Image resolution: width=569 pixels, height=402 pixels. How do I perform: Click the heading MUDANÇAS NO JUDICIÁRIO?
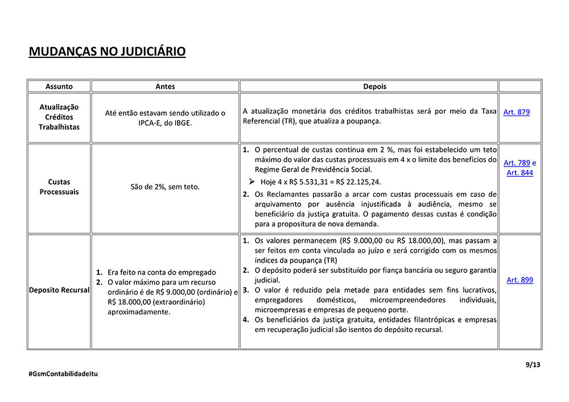point(107,52)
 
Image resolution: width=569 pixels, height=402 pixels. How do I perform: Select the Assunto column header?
point(59,86)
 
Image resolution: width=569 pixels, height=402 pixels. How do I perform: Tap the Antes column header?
point(165,86)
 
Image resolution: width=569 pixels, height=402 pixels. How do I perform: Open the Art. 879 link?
point(516,112)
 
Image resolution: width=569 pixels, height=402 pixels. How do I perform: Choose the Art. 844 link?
point(519,172)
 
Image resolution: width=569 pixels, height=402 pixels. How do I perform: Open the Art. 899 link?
point(519,280)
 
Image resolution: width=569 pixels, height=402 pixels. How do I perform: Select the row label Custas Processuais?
point(59,187)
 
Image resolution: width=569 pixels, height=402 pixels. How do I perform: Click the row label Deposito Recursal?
point(59,290)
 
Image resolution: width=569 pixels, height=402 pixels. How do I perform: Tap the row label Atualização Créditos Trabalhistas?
point(59,117)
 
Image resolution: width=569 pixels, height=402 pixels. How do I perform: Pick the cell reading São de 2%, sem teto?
point(165,187)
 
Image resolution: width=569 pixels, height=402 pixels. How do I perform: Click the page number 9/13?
point(533,365)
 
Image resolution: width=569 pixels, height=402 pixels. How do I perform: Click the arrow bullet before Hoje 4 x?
point(251,181)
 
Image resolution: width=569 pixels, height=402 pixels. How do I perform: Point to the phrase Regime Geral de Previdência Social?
point(313,169)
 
